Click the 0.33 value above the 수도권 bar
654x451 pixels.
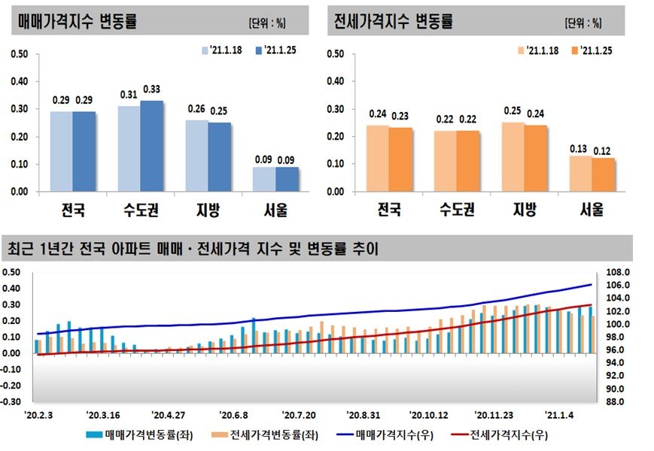click(151, 89)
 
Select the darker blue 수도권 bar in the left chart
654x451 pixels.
click(151, 147)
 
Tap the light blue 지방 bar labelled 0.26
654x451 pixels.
click(197, 156)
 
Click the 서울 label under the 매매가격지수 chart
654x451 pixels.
click(276, 210)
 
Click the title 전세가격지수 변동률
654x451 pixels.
click(393, 21)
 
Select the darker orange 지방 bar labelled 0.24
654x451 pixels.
click(535, 159)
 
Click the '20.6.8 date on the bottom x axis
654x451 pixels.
click(234, 414)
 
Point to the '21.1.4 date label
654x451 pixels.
click(558, 414)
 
